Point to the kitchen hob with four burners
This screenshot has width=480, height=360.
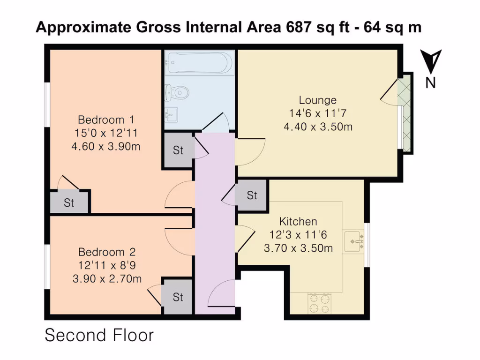(319, 303)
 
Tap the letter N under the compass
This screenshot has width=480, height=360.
(430, 83)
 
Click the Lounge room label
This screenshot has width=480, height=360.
(317, 100)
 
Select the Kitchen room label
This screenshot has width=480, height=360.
(298, 221)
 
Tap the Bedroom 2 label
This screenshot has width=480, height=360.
(106, 251)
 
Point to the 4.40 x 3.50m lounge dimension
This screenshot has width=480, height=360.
(318, 127)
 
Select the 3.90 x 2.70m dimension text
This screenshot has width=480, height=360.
(106, 279)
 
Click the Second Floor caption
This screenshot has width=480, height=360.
(99, 336)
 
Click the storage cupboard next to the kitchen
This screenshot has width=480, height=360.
(252, 195)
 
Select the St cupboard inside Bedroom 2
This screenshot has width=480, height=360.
(177, 297)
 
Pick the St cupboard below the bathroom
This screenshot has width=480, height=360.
(178, 150)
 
